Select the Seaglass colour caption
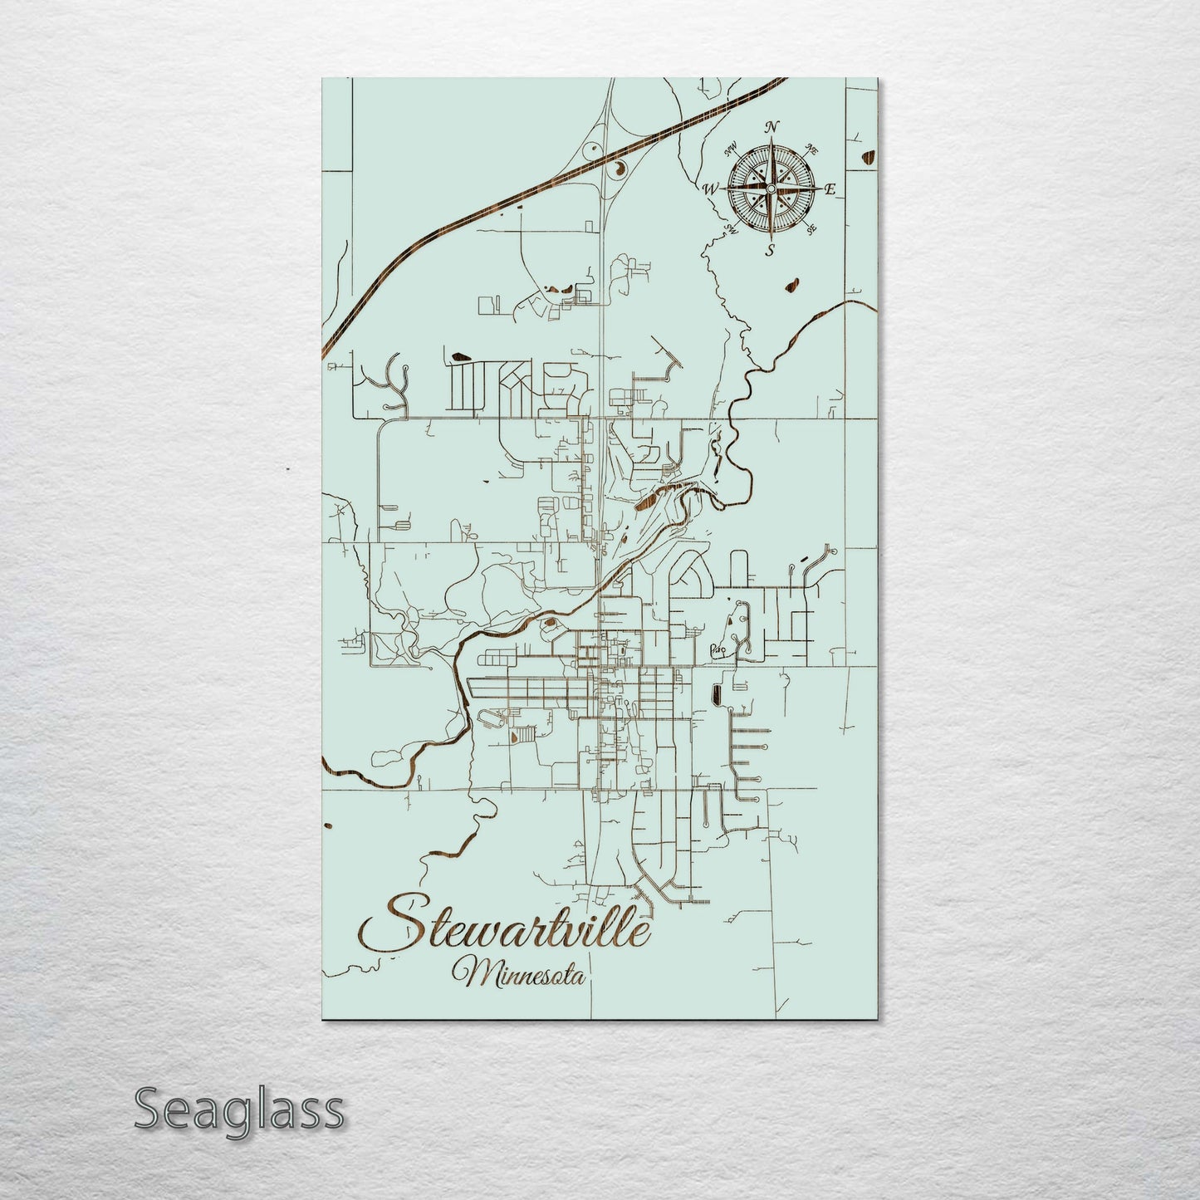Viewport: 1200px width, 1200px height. [x=238, y=1109]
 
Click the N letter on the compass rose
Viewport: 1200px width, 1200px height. [x=771, y=127]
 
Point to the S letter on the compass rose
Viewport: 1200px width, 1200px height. [x=770, y=248]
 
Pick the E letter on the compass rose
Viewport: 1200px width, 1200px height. [x=829, y=190]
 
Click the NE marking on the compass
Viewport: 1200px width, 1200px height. [x=812, y=150]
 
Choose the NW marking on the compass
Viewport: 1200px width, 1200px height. [x=732, y=151]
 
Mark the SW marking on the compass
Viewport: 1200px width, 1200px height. [x=732, y=228]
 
